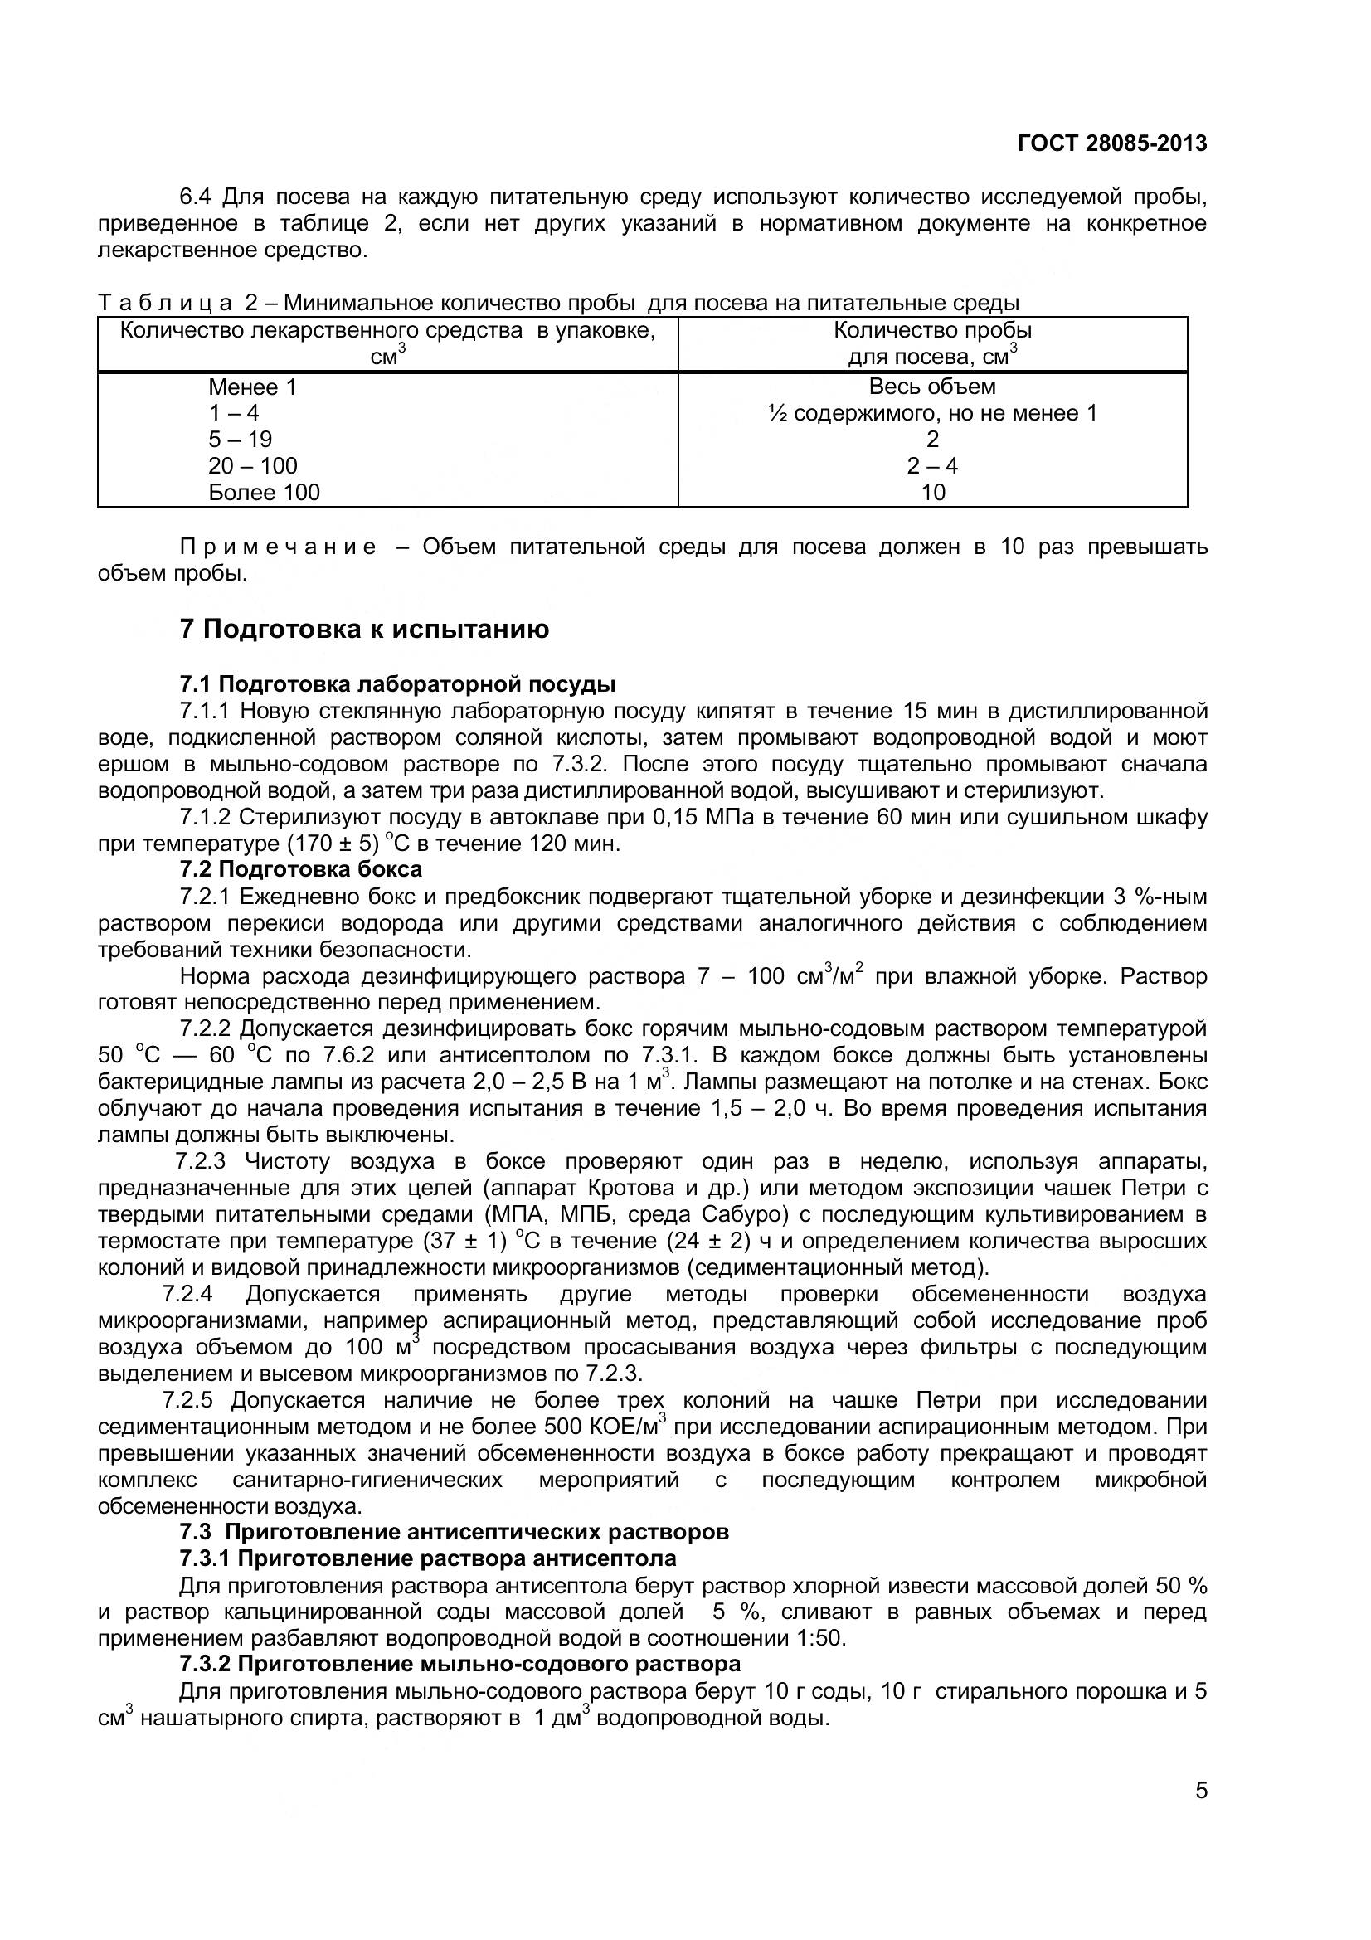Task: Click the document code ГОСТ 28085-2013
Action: click(x=1111, y=143)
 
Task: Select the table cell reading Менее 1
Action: click(x=253, y=388)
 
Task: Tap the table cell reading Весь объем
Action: click(x=931, y=387)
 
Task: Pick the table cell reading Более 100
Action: click(x=264, y=493)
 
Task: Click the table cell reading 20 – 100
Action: click(x=253, y=466)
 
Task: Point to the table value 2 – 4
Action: click(x=931, y=466)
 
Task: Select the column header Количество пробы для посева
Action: click(x=931, y=344)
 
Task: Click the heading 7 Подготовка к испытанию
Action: click(x=364, y=630)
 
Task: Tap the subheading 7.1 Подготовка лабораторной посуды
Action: click(x=397, y=683)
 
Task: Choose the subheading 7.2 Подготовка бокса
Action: click(x=301, y=868)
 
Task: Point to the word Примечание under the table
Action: click(x=279, y=547)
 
